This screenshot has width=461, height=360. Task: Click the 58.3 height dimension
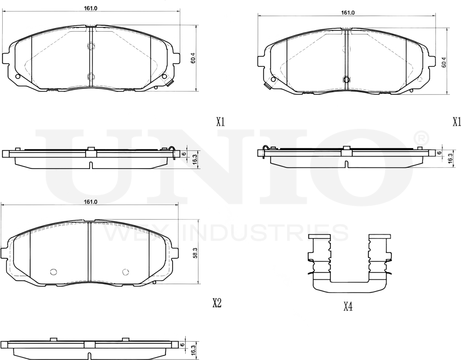tap(195, 253)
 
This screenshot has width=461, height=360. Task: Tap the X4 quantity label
tap(348, 307)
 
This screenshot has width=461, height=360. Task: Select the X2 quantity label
tap(217, 303)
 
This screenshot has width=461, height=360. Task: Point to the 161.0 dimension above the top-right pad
tap(347, 13)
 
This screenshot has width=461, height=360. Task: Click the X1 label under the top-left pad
tap(220, 122)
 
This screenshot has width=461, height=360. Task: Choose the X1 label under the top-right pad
tap(457, 122)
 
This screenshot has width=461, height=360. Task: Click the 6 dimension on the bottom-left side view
tap(181, 345)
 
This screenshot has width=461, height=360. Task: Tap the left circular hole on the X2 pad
tap(54, 272)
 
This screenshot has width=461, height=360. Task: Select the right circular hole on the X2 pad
tap(125, 272)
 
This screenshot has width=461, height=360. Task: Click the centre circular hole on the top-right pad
tap(346, 79)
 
